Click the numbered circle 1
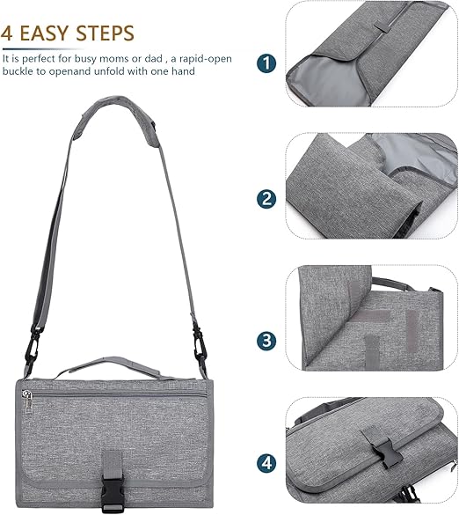click(x=266, y=63)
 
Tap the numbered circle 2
click(x=266, y=199)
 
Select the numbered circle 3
click(x=266, y=341)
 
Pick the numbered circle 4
click(x=266, y=463)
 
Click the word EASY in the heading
click(x=45, y=33)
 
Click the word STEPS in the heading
click(x=105, y=33)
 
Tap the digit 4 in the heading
click(x=7, y=33)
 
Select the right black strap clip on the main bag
click(x=200, y=343)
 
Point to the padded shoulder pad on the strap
click(x=116, y=119)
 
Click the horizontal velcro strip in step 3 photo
click(x=372, y=316)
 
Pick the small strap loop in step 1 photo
click(x=382, y=27)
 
